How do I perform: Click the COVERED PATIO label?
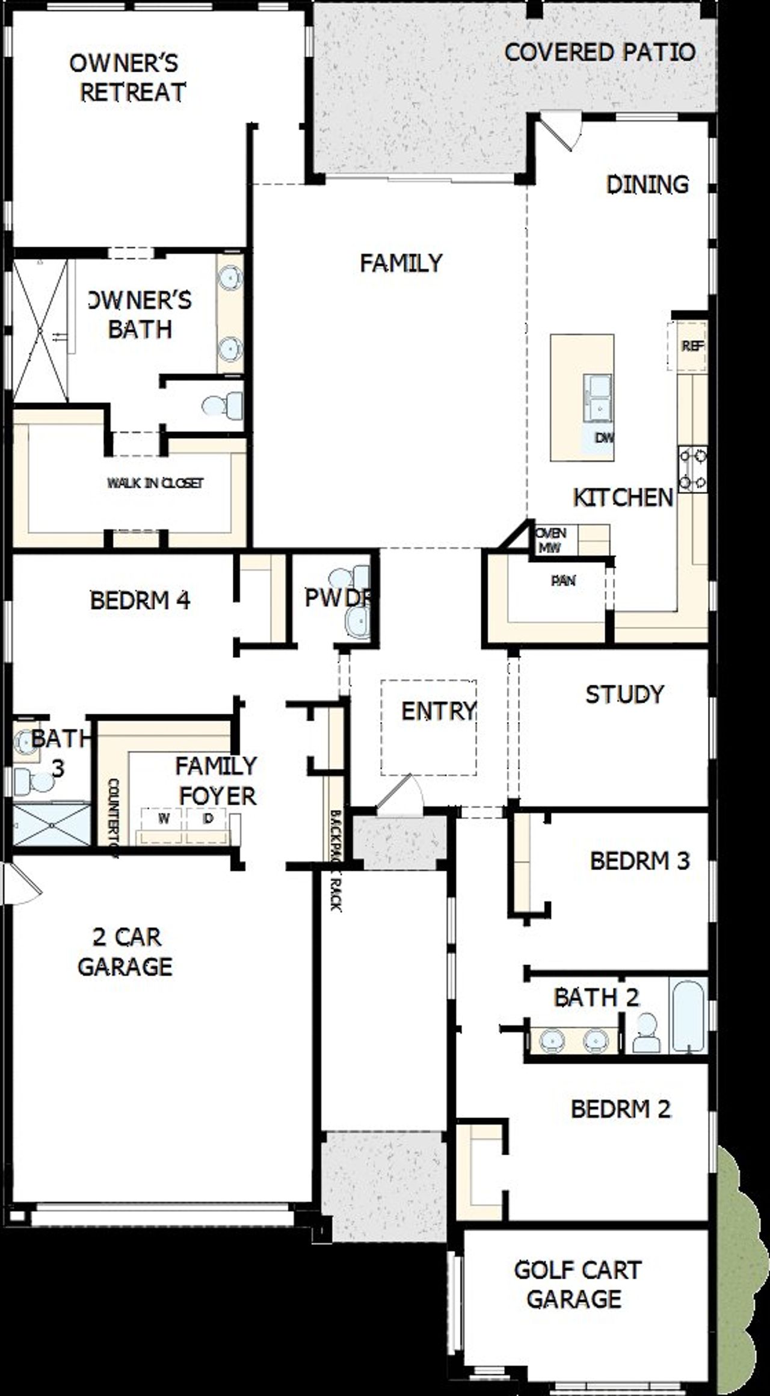[600, 52]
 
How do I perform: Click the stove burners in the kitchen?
[692, 469]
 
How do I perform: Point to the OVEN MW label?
[551, 540]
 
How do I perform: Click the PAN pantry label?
[563, 581]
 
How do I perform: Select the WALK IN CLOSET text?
[155, 483]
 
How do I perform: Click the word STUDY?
[624, 694]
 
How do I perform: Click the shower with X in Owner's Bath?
[40, 331]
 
